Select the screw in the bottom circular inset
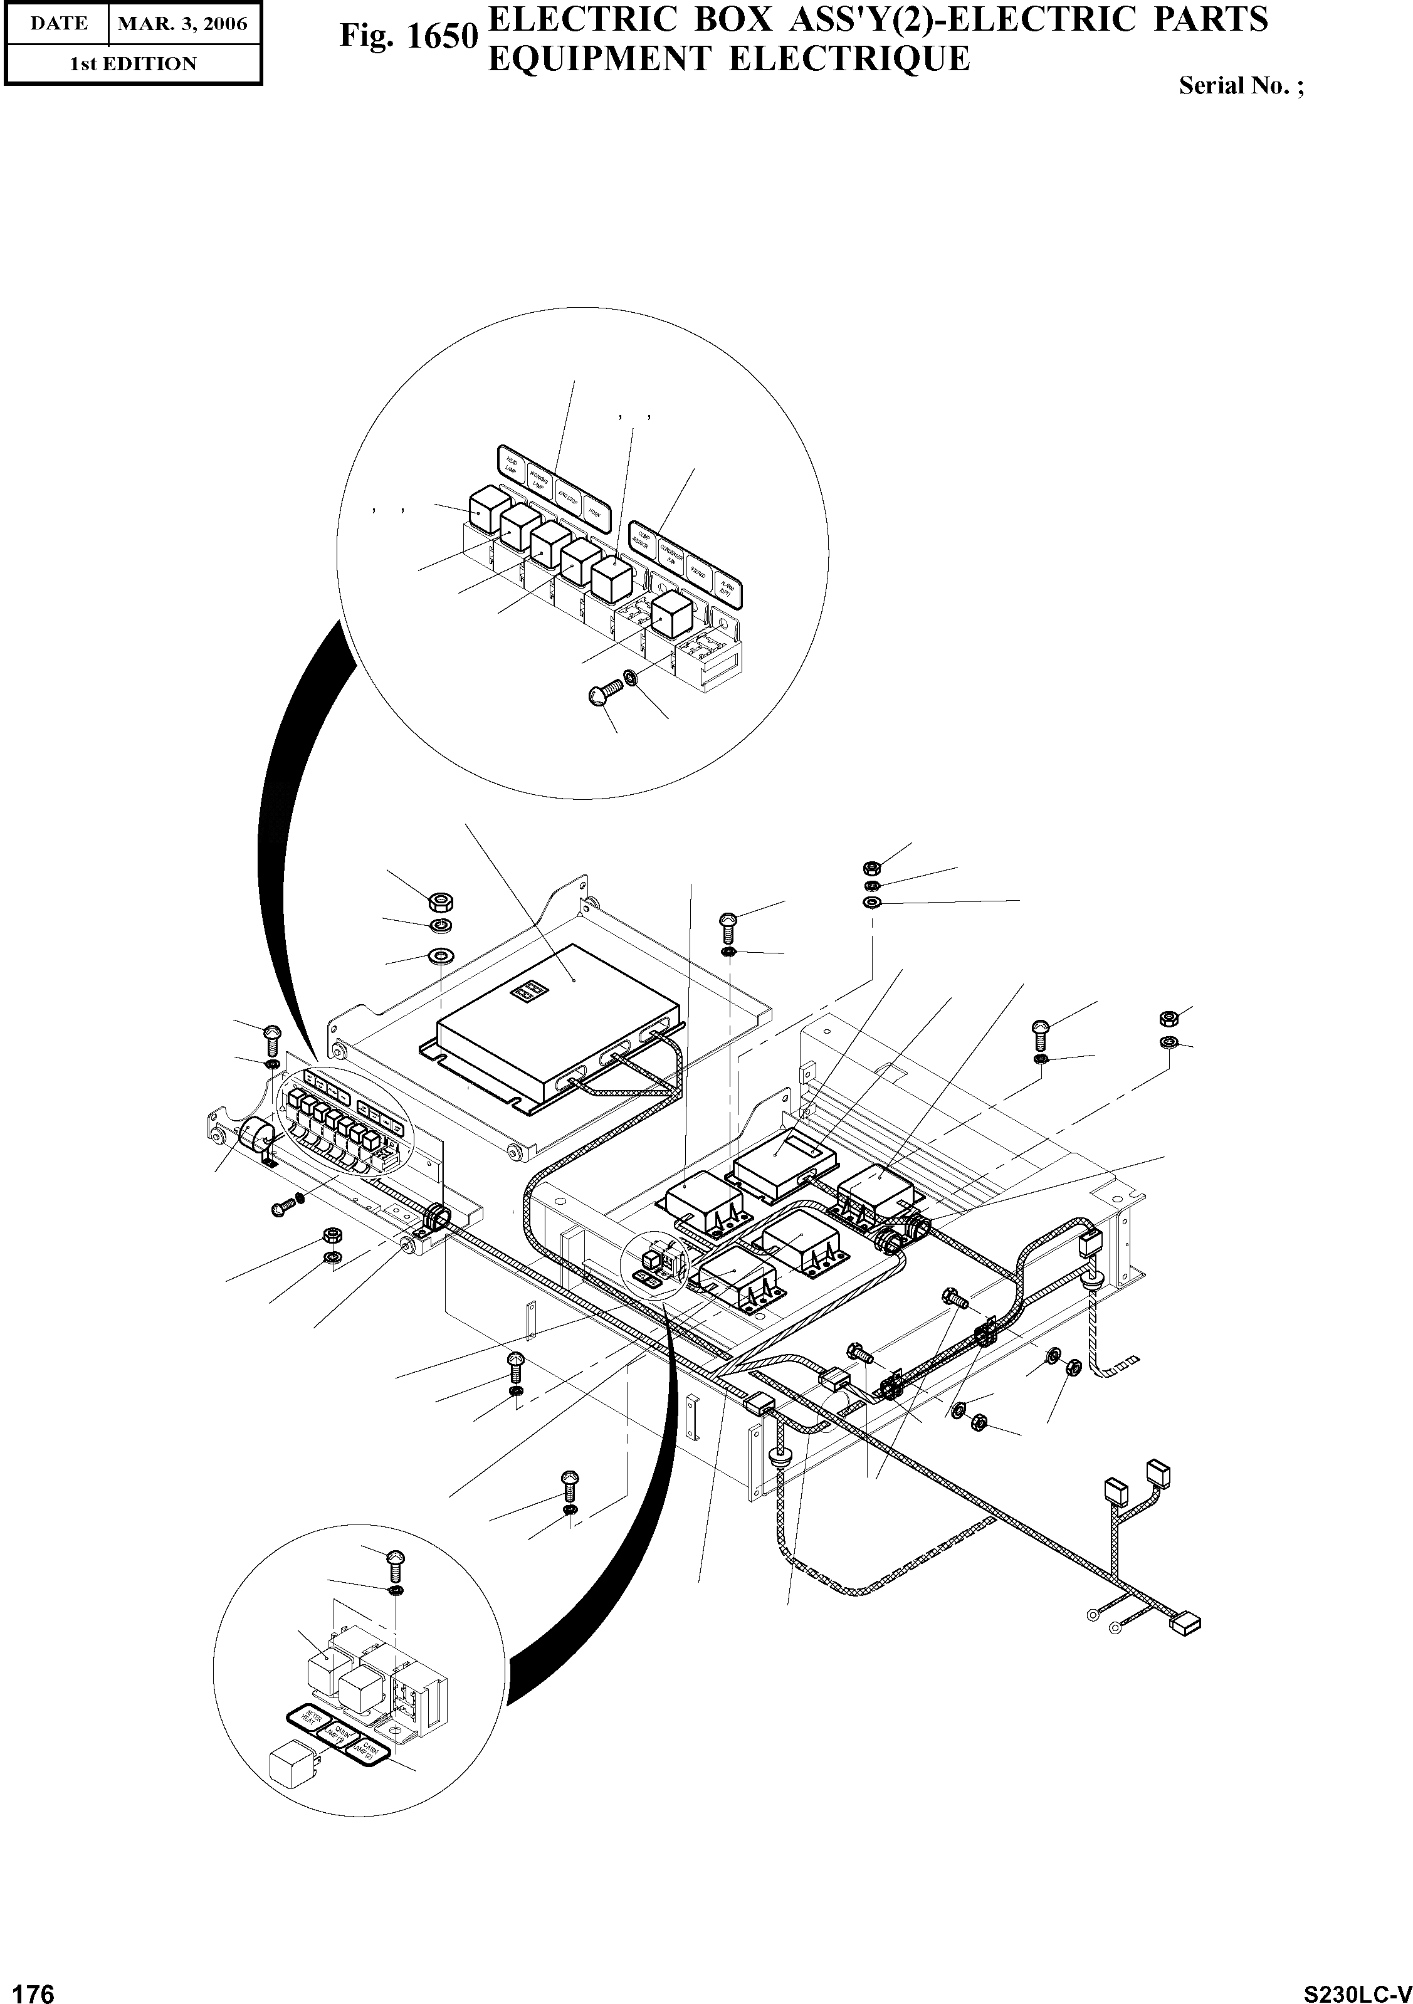[394, 1559]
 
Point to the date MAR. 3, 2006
[182, 24]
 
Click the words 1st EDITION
[133, 64]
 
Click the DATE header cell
[58, 24]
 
